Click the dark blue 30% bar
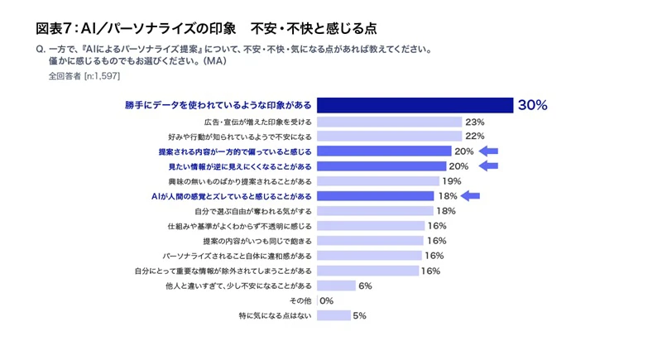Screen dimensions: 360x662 415,105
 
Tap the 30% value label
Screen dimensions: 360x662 533,105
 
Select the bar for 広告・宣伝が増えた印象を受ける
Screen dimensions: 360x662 389,122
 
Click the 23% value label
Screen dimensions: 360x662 474,122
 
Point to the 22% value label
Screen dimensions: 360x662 473,137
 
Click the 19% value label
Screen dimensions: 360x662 451,181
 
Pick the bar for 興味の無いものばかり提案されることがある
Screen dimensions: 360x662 377,181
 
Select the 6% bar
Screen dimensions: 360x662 335,286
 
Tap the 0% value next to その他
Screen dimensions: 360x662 326,300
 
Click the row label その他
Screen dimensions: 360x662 300,300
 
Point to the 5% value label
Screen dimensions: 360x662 359,315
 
